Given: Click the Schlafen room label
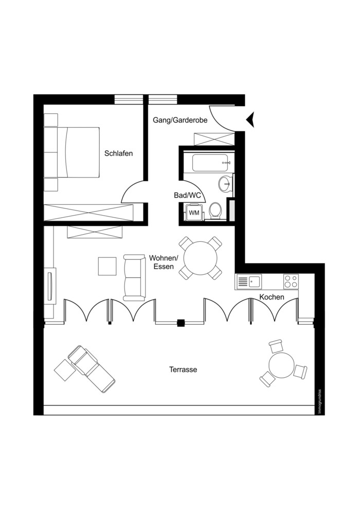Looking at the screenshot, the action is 119,153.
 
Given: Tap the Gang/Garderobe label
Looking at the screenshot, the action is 180,120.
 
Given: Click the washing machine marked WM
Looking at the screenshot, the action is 194,213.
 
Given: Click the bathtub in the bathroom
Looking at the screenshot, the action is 212,163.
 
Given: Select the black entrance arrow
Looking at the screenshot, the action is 250,120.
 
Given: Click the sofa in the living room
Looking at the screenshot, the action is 134,277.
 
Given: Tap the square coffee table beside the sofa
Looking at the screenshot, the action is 107,266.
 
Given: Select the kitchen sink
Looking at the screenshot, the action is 249,282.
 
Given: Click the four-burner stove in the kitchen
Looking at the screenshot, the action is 291,282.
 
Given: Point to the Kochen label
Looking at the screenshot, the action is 272,297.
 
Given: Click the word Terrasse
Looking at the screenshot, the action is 183,370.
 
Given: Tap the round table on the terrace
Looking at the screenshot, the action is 281,365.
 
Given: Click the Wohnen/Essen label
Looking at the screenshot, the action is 164,262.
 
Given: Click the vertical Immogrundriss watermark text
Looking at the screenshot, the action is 319,401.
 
